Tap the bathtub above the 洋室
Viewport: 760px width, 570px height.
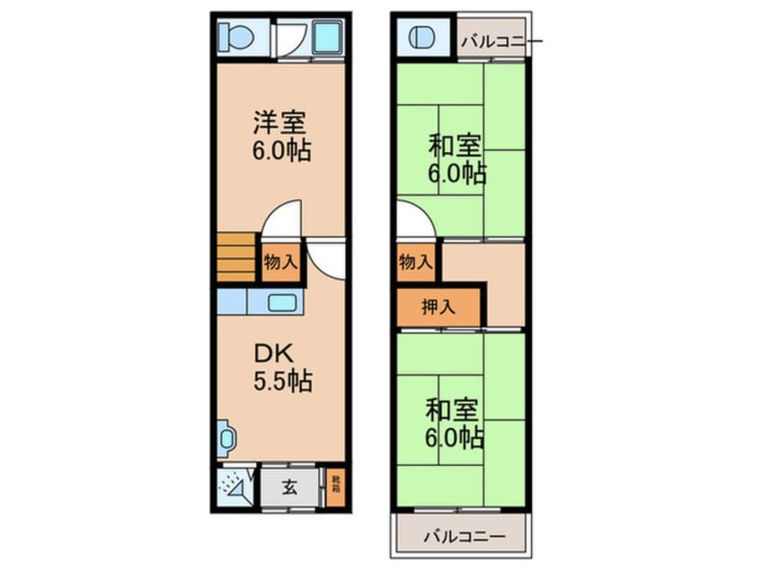pos(325,39)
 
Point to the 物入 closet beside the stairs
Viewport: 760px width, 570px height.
pos(280,263)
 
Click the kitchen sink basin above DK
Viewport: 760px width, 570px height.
pos(283,303)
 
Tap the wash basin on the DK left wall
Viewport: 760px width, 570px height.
pos(225,439)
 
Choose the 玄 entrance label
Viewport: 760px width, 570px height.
pos(290,488)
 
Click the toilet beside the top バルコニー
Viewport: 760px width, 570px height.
pos(422,39)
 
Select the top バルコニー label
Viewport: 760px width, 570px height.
pos(495,40)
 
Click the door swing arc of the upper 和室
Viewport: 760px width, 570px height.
pos(415,220)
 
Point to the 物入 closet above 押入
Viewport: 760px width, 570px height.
pos(414,263)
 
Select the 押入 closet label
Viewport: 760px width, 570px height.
pos(438,307)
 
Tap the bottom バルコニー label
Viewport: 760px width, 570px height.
pos(464,537)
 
